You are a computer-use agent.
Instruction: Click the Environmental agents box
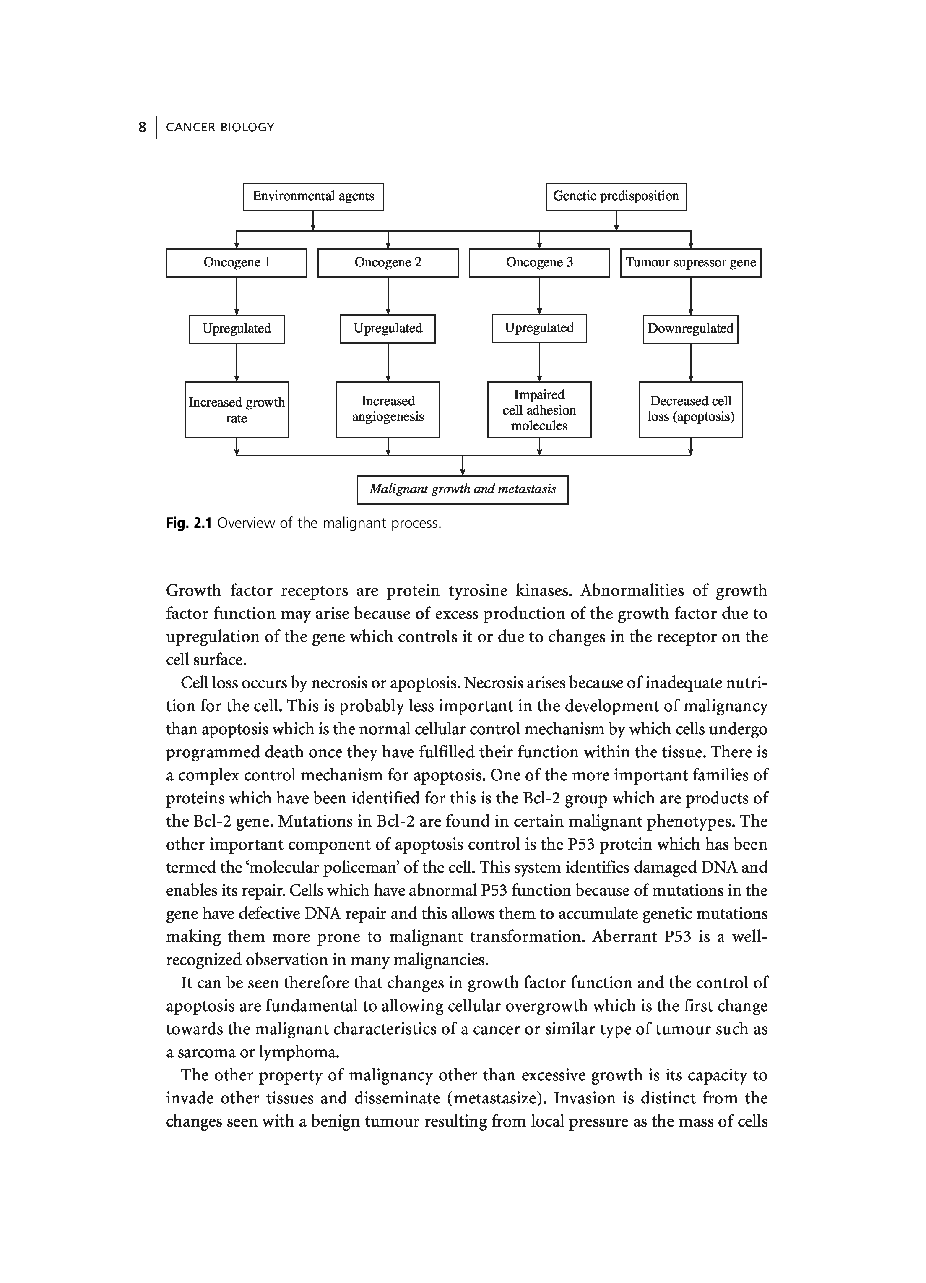(x=313, y=196)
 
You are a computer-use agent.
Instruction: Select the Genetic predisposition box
(x=616, y=196)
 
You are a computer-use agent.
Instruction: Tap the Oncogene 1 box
(x=236, y=263)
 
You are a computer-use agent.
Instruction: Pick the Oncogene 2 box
(x=388, y=263)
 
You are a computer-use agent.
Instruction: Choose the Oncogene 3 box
(x=539, y=263)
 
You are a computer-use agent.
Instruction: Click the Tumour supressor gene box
(x=690, y=263)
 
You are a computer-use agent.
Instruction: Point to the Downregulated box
(x=690, y=329)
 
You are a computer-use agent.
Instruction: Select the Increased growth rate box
(x=236, y=409)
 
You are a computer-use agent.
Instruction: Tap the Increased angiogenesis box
(x=388, y=409)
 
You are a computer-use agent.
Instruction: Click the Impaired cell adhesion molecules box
(x=539, y=409)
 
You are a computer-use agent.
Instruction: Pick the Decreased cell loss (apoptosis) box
(x=690, y=409)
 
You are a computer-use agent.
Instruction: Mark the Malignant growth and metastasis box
(x=463, y=489)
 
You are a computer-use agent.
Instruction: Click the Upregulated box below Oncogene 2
(x=388, y=328)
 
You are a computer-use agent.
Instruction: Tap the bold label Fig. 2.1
(x=188, y=523)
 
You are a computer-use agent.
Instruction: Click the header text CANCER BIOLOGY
(x=220, y=127)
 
